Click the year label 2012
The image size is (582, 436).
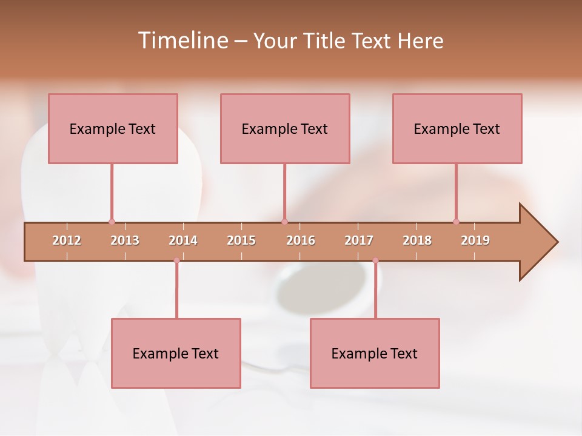click(x=67, y=240)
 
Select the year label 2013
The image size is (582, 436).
click(x=125, y=240)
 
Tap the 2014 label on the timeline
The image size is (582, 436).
click(x=183, y=240)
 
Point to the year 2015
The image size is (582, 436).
click(x=241, y=240)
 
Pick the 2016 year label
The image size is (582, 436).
click(x=301, y=240)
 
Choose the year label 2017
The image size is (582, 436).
click(x=359, y=240)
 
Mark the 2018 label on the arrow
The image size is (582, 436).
click(x=417, y=240)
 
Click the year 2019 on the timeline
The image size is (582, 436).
click(x=475, y=240)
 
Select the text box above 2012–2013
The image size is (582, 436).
click(x=113, y=128)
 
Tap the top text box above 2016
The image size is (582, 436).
click(x=285, y=128)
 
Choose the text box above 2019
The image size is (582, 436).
click(x=457, y=128)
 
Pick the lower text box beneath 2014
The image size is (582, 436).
click(x=176, y=353)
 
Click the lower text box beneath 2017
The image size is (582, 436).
click(x=375, y=353)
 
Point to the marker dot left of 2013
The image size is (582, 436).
click(x=112, y=222)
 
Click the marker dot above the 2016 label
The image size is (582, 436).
click(x=284, y=222)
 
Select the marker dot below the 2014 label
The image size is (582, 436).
click(x=176, y=260)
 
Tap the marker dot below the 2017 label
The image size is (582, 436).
click(x=375, y=260)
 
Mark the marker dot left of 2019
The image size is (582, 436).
click(x=456, y=222)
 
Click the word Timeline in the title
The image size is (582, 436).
click(x=182, y=41)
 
